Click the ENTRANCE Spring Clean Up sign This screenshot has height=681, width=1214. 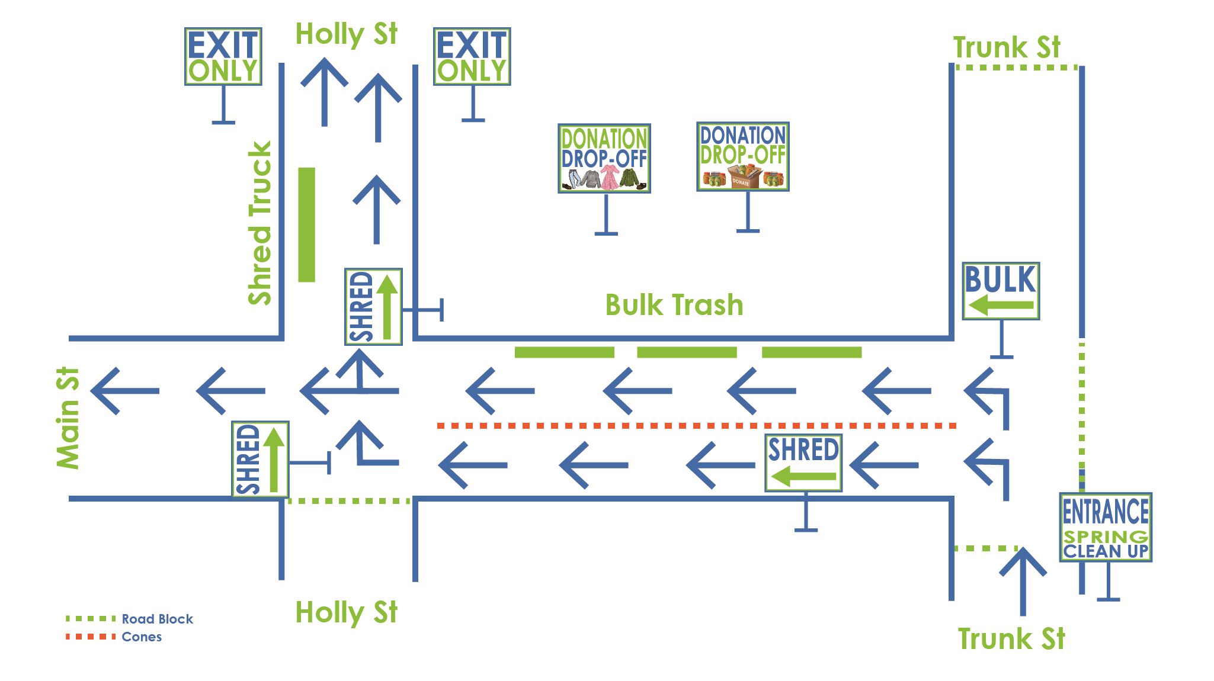click(1105, 527)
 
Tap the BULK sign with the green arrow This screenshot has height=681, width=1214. click(1000, 291)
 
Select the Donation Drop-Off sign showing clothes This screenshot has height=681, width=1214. click(604, 158)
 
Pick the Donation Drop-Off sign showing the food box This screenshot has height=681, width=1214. click(742, 156)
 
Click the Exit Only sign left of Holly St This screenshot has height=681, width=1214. click(223, 56)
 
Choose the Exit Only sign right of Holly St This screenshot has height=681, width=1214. click(472, 56)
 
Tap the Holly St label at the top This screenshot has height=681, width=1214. click(346, 34)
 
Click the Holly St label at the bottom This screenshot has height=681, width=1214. click(346, 612)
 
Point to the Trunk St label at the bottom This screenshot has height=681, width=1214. click(1011, 639)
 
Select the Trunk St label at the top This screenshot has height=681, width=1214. click(1006, 47)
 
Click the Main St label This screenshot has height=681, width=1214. click(68, 418)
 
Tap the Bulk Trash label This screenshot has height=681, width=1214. click(674, 305)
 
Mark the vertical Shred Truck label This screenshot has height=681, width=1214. click(260, 223)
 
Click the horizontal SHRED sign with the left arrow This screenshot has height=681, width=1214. click(803, 462)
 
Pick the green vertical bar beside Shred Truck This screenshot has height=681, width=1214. click(306, 224)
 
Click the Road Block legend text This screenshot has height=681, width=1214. click(157, 619)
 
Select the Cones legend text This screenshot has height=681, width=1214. click(142, 637)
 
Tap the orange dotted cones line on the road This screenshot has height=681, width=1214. click(696, 425)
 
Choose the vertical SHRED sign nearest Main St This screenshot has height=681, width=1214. click(260, 459)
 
